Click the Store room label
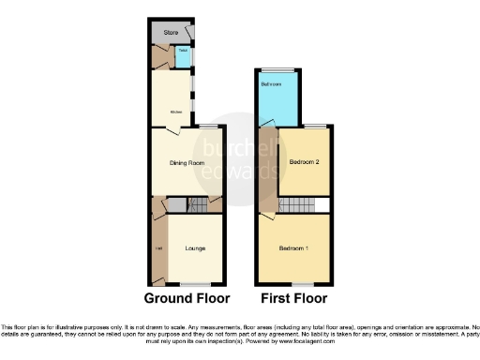(171, 34)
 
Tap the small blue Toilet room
(183, 58)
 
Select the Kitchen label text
(175, 113)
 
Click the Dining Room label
(187, 163)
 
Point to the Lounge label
(196, 248)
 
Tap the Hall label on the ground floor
(157, 248)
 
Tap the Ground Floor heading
(187, 299)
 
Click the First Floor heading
(293, 299)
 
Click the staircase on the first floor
(298, 205)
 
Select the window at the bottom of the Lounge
(195, 284)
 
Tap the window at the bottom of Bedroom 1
(302, 284)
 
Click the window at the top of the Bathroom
(277, 69)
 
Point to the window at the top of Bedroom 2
(315, 127)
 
